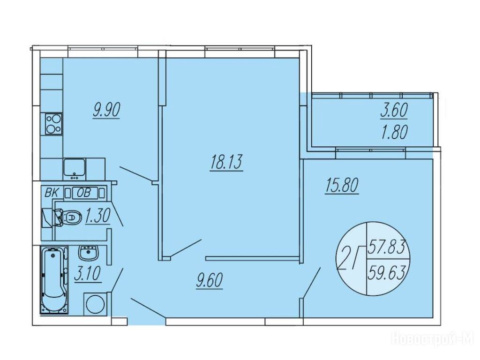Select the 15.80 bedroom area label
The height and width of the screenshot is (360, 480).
coord(342,185)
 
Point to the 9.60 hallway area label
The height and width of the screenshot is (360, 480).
coord(210,280)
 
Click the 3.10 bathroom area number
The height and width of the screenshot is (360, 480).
coord(88,273)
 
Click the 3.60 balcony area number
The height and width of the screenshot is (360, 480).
coord(394,110)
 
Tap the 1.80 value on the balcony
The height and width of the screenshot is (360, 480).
coord(394,133)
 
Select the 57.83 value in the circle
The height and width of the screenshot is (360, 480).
coord(387,247)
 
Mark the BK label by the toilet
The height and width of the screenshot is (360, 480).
coord(52,193)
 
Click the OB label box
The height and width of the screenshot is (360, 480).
coord(84,193)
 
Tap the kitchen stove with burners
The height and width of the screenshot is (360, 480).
coord(53,124)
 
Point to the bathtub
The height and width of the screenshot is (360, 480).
coord(54,281)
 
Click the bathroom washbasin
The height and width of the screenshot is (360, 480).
coord(89,253)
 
